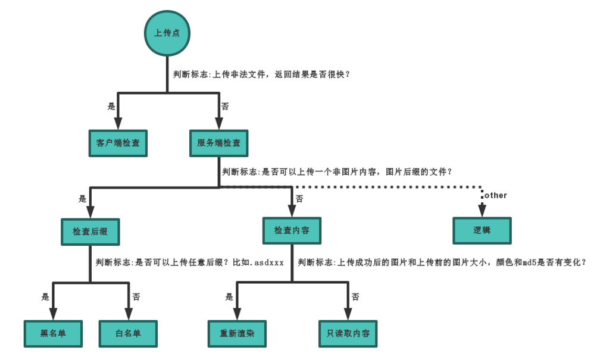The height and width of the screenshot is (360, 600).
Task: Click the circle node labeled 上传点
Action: pyautogui.click(x=167, y=33)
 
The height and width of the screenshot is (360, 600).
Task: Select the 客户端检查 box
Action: pyautogui.click(x=118, y=143)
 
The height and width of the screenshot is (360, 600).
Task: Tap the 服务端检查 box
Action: pyautogui.click(x=219, y=143)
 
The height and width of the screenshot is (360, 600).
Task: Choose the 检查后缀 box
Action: pyautogui.click(x=90, y=231)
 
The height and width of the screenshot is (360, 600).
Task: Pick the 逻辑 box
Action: pyautogui.click(x=482, y=230)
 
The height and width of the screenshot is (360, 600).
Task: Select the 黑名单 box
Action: pyautogui.click(x=53, y=333)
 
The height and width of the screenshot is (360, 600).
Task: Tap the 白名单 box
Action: pyautogui.click(x=129, y=333)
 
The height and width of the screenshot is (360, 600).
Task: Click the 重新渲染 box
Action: pyautogui.click(x=237, y=333)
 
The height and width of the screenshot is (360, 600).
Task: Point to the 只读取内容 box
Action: pyautogui.click(x=348, y=333)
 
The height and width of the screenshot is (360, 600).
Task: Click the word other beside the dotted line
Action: pyautogui.click(x=496, y=195)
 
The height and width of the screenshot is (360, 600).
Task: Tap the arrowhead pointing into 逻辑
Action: pyautogui.click(x=482, y=210)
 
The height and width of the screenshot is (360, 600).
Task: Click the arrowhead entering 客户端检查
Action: pyautogui.click(x=118, y=123)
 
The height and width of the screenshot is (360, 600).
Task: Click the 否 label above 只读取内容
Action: pyautogui.click(x=355, y=296)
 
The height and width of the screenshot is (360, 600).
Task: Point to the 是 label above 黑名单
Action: pyautogui.click(x=45, y=296)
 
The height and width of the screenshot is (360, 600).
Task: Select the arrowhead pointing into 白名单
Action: pyautogui.click(x=129, y=314)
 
